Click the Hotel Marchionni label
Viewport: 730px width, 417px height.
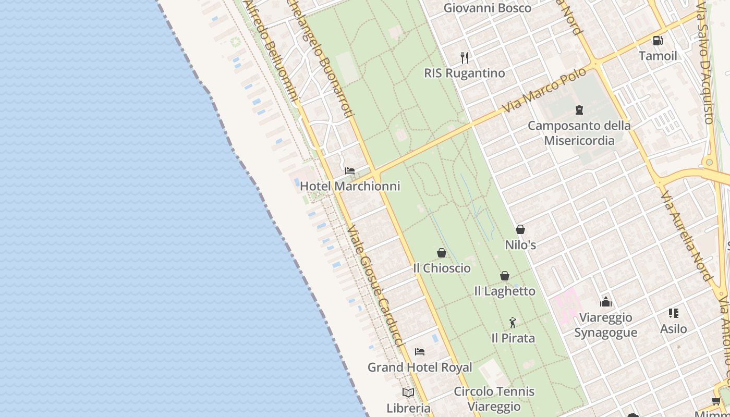[350, 186]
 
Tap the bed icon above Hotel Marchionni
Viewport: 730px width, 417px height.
[350, 171]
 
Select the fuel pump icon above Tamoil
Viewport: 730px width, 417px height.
[658, 41]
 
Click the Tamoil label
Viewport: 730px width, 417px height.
[658, 56]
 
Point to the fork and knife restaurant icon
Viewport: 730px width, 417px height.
[465, 57]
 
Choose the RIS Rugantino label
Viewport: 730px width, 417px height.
[465, 73]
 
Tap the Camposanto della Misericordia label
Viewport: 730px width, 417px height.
[579, 133]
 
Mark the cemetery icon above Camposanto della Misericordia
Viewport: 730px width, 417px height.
[579, 110]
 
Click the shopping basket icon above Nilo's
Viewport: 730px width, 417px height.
[520, 229]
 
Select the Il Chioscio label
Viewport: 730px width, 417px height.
[442, 268]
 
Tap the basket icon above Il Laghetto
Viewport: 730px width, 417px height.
[505, 276]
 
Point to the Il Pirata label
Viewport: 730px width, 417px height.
[513, 338]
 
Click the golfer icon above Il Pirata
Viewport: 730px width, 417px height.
[513, 323]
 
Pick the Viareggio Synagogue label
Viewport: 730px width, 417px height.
[605, 325]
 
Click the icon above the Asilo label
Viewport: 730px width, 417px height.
[673, 313]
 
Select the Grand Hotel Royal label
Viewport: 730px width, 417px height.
[420, 367]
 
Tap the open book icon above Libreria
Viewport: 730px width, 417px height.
[408, 393]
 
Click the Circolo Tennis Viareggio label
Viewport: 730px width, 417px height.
[494, 399]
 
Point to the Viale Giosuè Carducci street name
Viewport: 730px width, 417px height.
[375, 287]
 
